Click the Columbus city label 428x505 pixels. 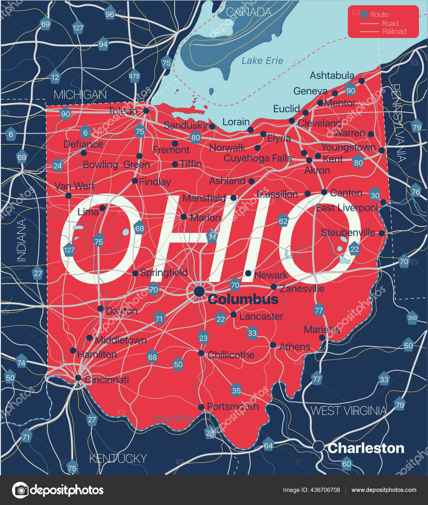click(243, 299)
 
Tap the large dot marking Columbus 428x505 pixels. click(199, 291)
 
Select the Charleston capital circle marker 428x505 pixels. click(318, 446)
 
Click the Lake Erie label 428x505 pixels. click(262, 61)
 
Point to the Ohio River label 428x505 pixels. click(172, 418)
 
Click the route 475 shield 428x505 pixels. click(134, 76)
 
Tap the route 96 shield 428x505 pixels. click(110, 14)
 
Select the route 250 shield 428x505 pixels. click(412, 318)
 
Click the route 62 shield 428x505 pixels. click(283, 221)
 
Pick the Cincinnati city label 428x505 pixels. click(107, 380)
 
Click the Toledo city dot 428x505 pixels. click(146, 111)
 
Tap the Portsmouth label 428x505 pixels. click(233, 406)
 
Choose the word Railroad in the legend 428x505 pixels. click(394, 31)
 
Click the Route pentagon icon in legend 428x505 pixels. click(364, 14)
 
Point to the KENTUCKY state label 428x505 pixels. click(118, 458)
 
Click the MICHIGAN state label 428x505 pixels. click(80, 95)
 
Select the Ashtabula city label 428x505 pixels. click(332, 75)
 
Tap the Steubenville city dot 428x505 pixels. click(382, 233)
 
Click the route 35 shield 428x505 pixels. click(236, 390)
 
